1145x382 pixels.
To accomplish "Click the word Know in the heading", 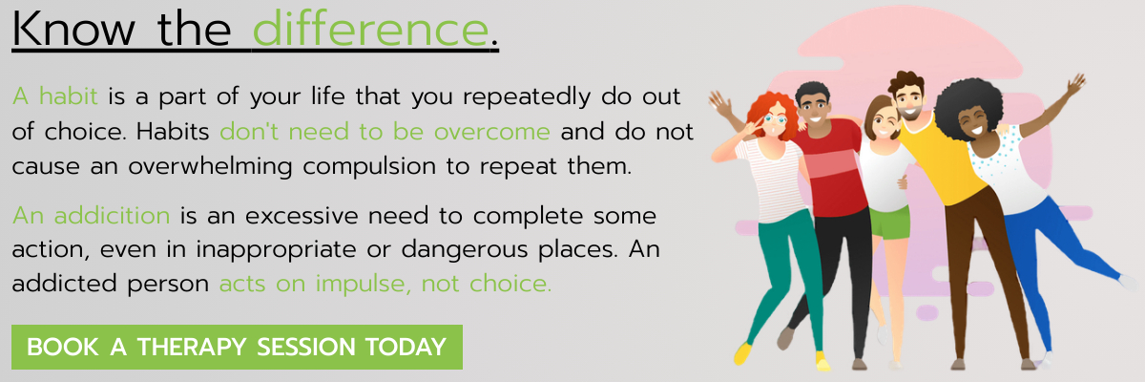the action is tap(73, 29).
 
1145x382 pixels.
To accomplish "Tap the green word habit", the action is tap(69, 95).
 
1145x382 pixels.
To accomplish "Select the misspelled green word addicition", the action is tap(112, 215).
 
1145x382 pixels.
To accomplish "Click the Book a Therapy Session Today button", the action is tap(237, 347).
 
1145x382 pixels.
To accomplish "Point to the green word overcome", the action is tap(491, 132).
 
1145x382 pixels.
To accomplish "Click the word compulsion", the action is tap(368, 167).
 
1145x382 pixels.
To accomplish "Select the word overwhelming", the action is tap(210, 167).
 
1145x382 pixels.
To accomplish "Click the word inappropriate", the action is tap(276, 250).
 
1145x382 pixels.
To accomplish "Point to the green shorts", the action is tap(890, 223).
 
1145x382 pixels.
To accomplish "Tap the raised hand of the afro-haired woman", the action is tap(1076, 84).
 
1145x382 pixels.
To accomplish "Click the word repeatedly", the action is tap(527, 97).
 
